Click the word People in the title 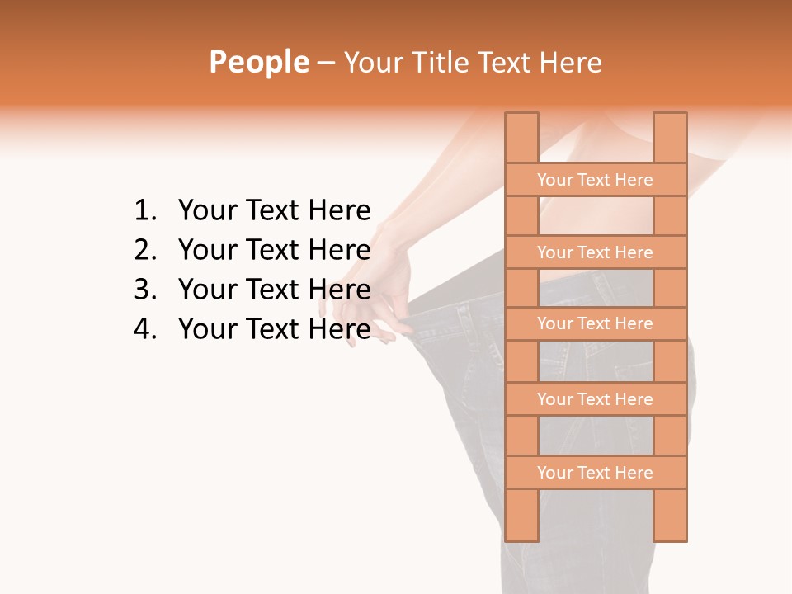[258, 63]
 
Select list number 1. [144, 211]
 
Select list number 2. [144, 250]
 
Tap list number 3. [144, 290]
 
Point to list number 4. [144, 329]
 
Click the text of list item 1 [274, 211]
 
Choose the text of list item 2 [274, 250]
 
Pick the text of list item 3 [274, 290]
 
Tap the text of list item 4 [274, 329]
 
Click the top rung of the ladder [595, 180]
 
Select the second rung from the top [595, 252]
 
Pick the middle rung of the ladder [595, 323]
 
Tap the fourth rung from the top [595, 399]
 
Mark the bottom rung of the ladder [595, 473]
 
